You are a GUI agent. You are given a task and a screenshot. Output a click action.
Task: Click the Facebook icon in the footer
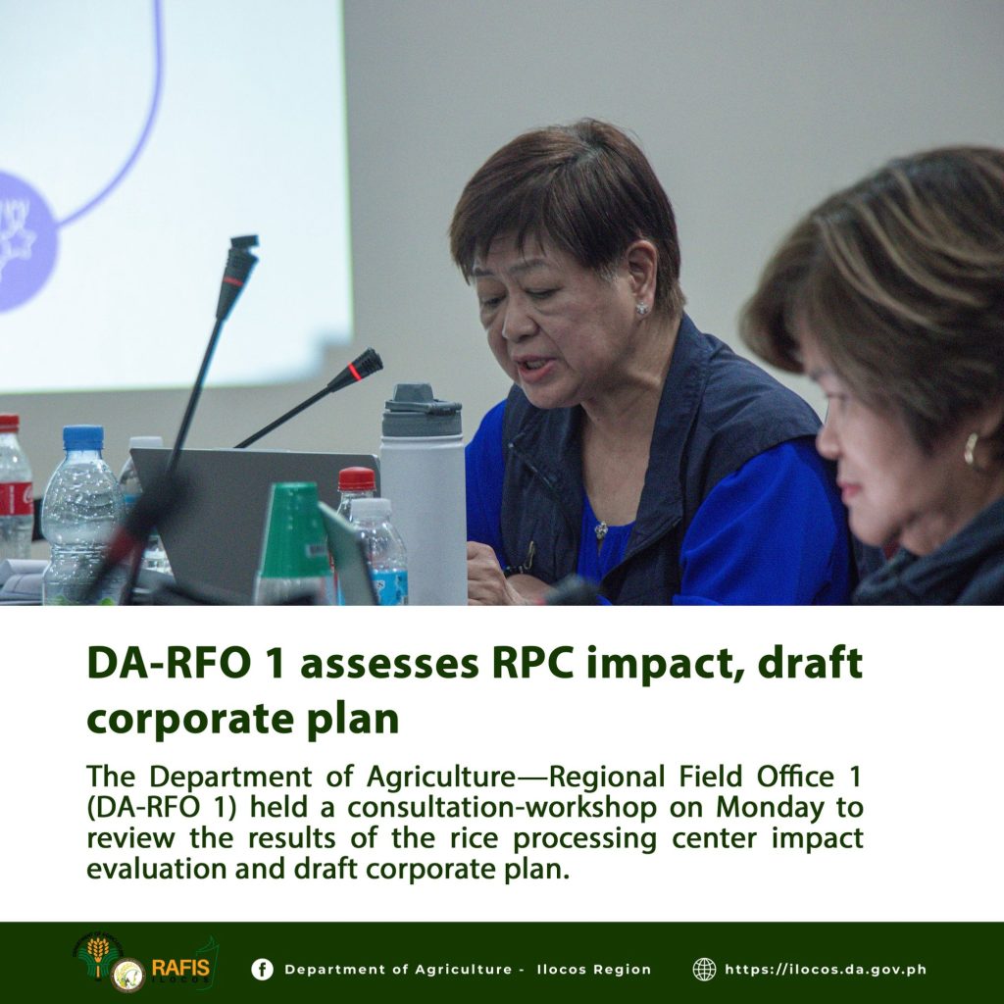point(262,969)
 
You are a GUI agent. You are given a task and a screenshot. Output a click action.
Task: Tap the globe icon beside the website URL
point(704,969)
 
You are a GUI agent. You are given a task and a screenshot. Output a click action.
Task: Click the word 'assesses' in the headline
point(389,664)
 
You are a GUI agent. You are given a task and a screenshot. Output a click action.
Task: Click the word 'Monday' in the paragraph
point(770,808)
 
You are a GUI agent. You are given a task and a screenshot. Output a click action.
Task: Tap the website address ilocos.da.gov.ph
point(826,970)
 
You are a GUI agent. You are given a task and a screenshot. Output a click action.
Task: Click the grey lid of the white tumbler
point(422,410)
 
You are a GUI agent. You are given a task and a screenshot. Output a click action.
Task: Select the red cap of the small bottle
point(357,478)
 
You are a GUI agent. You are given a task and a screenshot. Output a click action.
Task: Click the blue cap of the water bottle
point(82,437)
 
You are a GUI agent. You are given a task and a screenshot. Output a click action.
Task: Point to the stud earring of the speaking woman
point(641,309)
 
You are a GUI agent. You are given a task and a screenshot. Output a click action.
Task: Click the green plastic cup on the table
point(293,541)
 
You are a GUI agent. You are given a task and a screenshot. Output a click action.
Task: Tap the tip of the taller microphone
point(245,240)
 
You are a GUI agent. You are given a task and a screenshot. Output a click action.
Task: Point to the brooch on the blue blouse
point(601,530)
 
